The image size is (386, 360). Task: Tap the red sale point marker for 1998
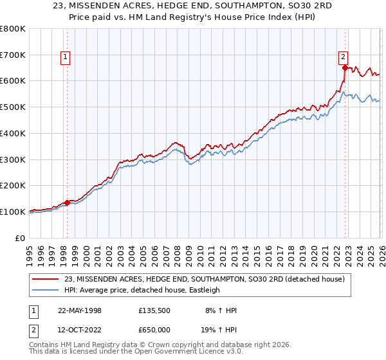coord(67,203)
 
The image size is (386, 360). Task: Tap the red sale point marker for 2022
coord(345,67)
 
